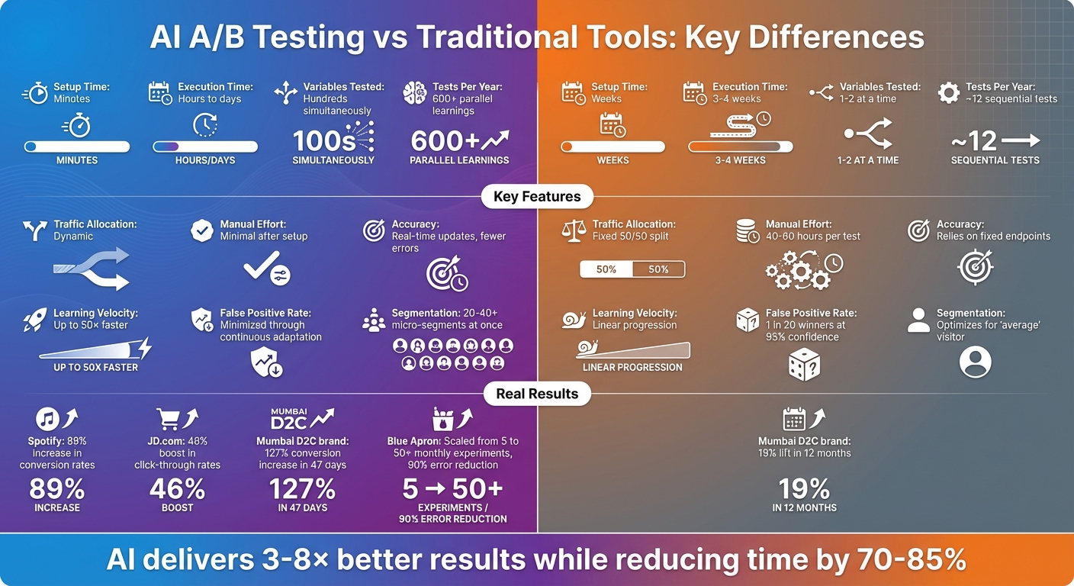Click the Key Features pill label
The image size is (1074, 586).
point(537,196)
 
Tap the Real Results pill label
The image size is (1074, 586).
point(537,394)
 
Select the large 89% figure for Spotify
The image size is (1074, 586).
point(56,488)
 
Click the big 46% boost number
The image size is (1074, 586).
point(177,488)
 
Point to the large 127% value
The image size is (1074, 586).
point(303,488)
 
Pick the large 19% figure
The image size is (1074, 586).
point(804,488)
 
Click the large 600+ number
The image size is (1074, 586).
point(445,141)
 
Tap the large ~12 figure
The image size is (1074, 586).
point(974,141)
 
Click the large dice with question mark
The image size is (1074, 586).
point(804,364)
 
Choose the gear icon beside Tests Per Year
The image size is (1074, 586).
point(948,93)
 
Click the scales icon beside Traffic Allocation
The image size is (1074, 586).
point(574,230)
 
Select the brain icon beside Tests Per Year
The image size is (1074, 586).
point(414,93)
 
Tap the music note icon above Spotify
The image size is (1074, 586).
point(47,418)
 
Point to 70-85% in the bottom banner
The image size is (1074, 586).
point(909,560)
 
